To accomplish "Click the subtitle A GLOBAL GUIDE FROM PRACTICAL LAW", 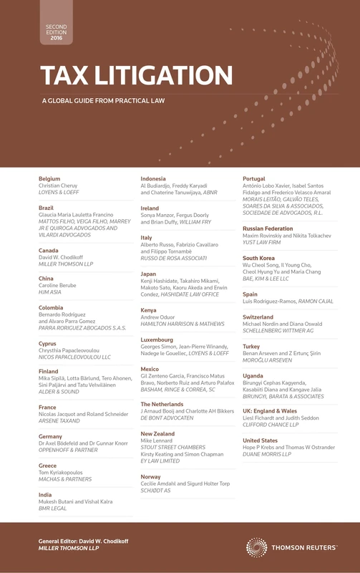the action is (103, 100).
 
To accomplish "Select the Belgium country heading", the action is (49, 178).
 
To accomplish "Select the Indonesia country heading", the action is (153, 178).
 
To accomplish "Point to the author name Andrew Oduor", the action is (162, 317).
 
